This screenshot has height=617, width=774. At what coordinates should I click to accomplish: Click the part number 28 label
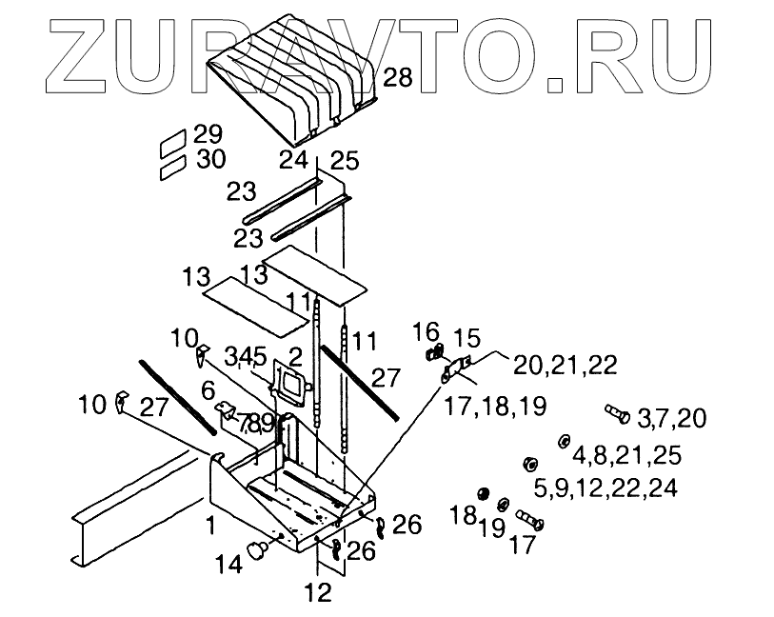398,78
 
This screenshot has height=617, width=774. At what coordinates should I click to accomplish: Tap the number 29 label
207,134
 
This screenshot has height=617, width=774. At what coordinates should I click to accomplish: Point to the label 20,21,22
566,365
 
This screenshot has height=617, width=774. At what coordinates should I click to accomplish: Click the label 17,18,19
495,407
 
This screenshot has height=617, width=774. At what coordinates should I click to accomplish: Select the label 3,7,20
671,418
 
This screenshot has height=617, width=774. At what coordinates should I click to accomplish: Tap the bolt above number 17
528,520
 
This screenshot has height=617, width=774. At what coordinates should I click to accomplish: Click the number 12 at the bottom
318,592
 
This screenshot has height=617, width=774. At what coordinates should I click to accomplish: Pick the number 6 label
208,389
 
